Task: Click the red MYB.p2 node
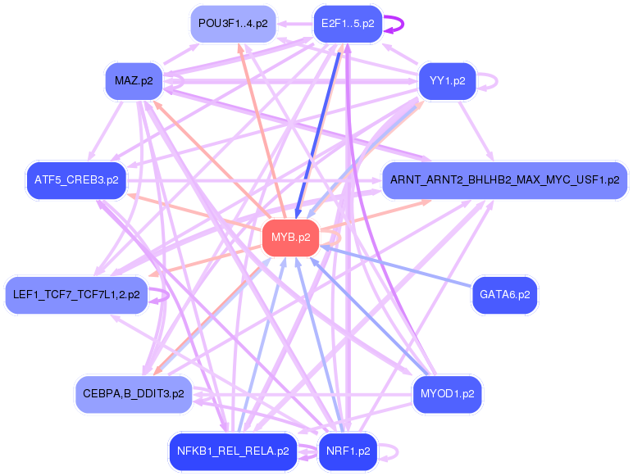click(x=290, y=238)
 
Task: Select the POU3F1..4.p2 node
click(x=233, y=24)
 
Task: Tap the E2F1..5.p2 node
click(x=348, y=24)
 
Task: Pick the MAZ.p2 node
click(x=134, y=81)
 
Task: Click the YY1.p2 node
click(x=448, y=81)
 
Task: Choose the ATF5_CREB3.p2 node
click(x=76, y=180)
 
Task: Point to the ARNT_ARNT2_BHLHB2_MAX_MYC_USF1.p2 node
click(x=504, y=180)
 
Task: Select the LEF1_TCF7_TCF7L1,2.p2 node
click(x=76, y=295)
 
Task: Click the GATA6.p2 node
click(x=504, y=295)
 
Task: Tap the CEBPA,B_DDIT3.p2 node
click(x=134, y=394)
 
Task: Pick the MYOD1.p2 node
click(x=448, y=394)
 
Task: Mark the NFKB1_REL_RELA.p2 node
click(x=233, y=451)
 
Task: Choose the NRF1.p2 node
click(x=348, y=451)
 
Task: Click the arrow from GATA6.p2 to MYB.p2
click(x=396, y=266)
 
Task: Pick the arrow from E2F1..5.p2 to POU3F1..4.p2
click(x=295, y=24)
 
